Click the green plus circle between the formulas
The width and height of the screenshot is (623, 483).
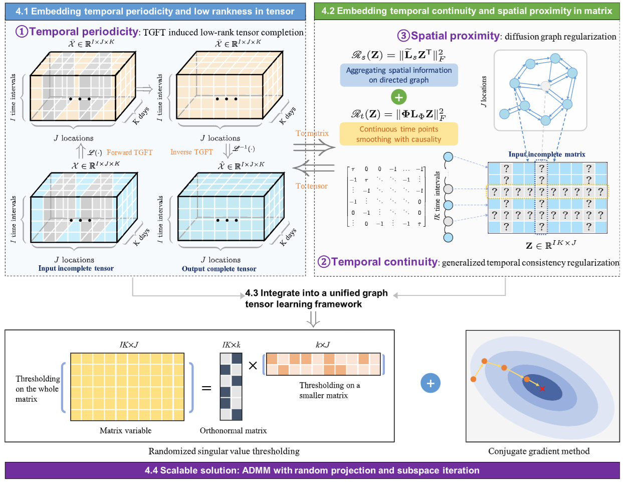[398, 97]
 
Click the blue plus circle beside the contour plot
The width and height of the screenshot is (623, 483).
[430, 383]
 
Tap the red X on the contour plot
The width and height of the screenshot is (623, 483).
[542, 389]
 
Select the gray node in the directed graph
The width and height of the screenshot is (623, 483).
[545, 86]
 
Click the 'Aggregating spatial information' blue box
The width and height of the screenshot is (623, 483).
[398, 75]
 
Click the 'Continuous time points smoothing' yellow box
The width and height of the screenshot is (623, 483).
[398, 134]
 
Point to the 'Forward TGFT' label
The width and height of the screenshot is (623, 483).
[129, 152]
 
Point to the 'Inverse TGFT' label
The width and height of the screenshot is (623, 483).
[191, 152]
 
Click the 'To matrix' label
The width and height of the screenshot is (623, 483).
[312, 133]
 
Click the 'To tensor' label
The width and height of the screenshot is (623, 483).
[311, 186]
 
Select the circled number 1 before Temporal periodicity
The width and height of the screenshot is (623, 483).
[22, 31]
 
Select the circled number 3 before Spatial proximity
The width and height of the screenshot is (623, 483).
[403, 36]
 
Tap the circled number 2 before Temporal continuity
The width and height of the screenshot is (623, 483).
[324, 262]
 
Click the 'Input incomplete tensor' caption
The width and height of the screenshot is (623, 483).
[76, 268]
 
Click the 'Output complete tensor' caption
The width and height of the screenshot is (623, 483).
[219, 269]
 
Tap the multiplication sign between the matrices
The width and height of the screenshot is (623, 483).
[253, 366]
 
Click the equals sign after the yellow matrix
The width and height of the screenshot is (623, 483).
[206, 388]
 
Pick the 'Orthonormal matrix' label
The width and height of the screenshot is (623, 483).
[233, 430]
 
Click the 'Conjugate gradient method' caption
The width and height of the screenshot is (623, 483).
[538, 451]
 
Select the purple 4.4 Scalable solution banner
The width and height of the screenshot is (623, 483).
[312, 470]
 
